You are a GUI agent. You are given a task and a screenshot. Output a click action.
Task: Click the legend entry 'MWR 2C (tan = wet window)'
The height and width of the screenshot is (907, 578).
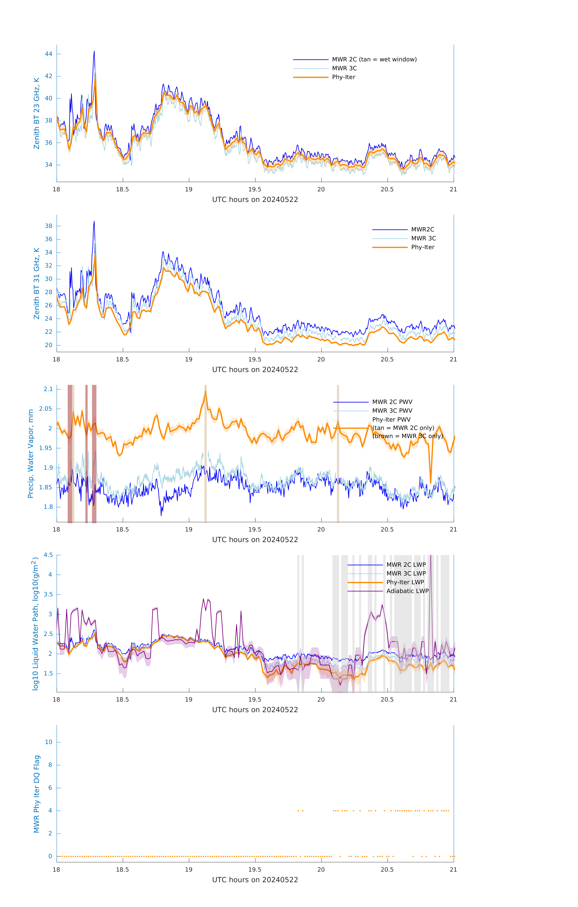pyautogui.click(x=374, y=60)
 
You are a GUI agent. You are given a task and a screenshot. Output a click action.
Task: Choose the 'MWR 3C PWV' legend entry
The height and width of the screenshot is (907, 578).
pyautogui.click(x=392, y=411)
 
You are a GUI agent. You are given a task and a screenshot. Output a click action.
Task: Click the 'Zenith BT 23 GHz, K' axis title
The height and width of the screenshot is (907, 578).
pyautogui.click(x=37, y=113)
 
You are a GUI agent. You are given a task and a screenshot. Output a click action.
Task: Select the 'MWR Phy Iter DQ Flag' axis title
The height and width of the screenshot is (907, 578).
pyautogui.click(x=37, y=794)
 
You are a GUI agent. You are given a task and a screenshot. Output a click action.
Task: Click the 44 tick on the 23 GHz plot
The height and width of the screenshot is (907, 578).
pyautogui.click(x=49, y=54)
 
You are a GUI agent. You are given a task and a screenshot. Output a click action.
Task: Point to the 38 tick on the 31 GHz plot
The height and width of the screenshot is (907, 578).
pyautogui.click(x=49, y=226)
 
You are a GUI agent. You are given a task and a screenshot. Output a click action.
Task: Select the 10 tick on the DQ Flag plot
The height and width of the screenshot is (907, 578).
pyautogui.click(x=49, y=742)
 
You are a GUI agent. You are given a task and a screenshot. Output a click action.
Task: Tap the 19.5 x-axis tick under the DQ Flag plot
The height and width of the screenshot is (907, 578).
pyautogui.click(x=255, y=869)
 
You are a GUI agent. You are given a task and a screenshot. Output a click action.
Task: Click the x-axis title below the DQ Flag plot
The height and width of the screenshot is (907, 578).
pyautogui.click(x=255, y=880)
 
